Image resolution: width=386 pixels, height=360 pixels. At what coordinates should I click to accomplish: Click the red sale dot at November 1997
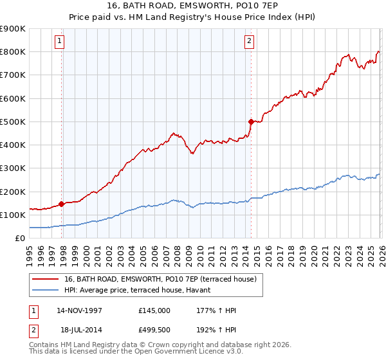62,204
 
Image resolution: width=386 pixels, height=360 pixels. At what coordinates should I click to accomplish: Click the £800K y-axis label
13,51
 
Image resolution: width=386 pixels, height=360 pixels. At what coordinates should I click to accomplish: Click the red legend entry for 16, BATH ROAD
160,279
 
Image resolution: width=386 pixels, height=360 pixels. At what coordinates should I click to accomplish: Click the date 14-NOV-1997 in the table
80,310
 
